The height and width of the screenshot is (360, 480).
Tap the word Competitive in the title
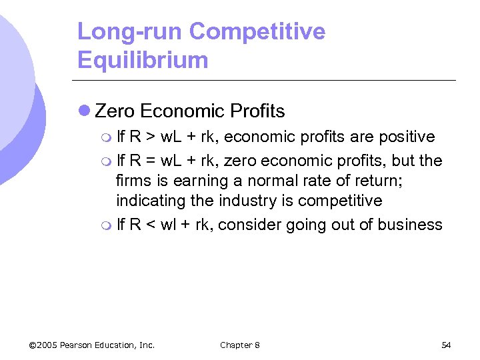coord(257,31)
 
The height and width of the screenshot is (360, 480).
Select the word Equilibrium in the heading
coord(143,60)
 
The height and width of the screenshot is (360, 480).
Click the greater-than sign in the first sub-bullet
coord(151,137)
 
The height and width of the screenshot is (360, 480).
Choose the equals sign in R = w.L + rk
coord(151,161)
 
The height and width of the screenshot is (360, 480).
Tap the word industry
coord(251,201)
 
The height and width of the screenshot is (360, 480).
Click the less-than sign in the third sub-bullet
coord(151,225)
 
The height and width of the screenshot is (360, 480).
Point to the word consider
coord(249,225)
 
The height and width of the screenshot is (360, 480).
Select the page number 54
coord(446,345)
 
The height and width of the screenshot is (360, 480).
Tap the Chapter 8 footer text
coord(240,345)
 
